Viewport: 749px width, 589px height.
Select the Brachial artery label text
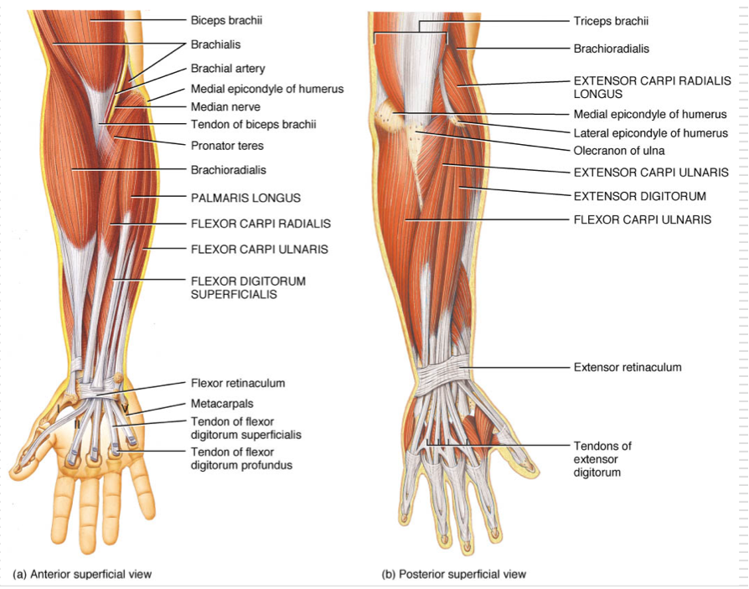click(x=228, y=68)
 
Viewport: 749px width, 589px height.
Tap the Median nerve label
click(x=225, y=107)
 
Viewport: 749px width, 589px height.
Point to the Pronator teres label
click(x=227, y=146)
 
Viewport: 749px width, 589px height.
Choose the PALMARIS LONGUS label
click(x=245, y=198)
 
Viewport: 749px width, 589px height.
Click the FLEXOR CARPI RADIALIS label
click(x=261, y=224)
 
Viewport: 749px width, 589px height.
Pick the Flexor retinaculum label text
click(x=238, y=383)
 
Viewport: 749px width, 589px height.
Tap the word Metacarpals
click(x=222, y=403)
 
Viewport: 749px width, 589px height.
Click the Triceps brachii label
click(x=611, y=21)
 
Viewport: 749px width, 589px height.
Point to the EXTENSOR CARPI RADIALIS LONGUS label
click(x=652, y=87)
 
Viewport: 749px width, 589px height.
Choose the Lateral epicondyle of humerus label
click(x=650, y=133)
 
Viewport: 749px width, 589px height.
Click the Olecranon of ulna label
click(x=619, y=152)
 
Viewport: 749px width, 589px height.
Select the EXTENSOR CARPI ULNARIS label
click(x=650, y=173)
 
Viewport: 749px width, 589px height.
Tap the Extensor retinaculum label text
click(x=628, y=367)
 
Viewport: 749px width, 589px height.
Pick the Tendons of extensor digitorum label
click(x=602, y=459)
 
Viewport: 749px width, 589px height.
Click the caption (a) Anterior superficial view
click(x=82, y=574)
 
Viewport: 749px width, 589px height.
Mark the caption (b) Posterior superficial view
click(x=454, y=574)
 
